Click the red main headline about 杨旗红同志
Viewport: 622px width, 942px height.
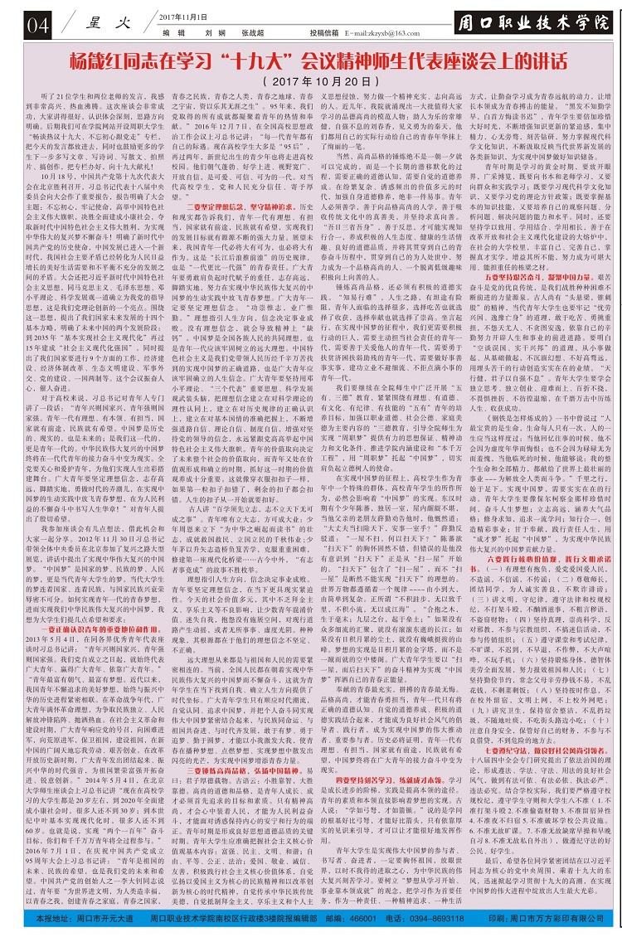312,62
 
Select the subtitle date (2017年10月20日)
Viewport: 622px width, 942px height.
312,83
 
